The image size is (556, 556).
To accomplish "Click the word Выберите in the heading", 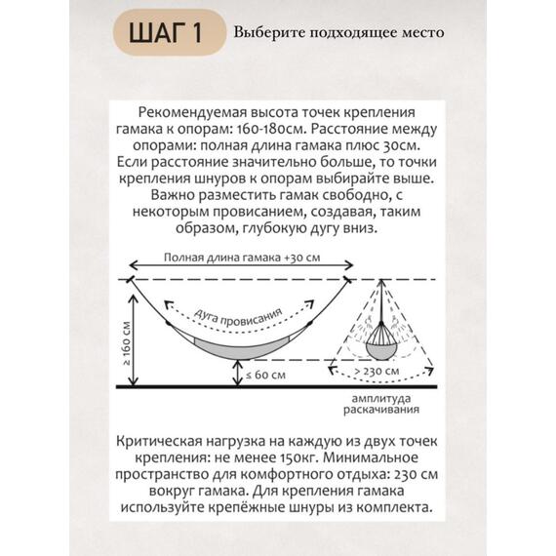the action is pos(263,32).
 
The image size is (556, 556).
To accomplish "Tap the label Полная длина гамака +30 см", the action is pos(243,257).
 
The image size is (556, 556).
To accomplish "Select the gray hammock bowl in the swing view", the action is pos(378,340).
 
